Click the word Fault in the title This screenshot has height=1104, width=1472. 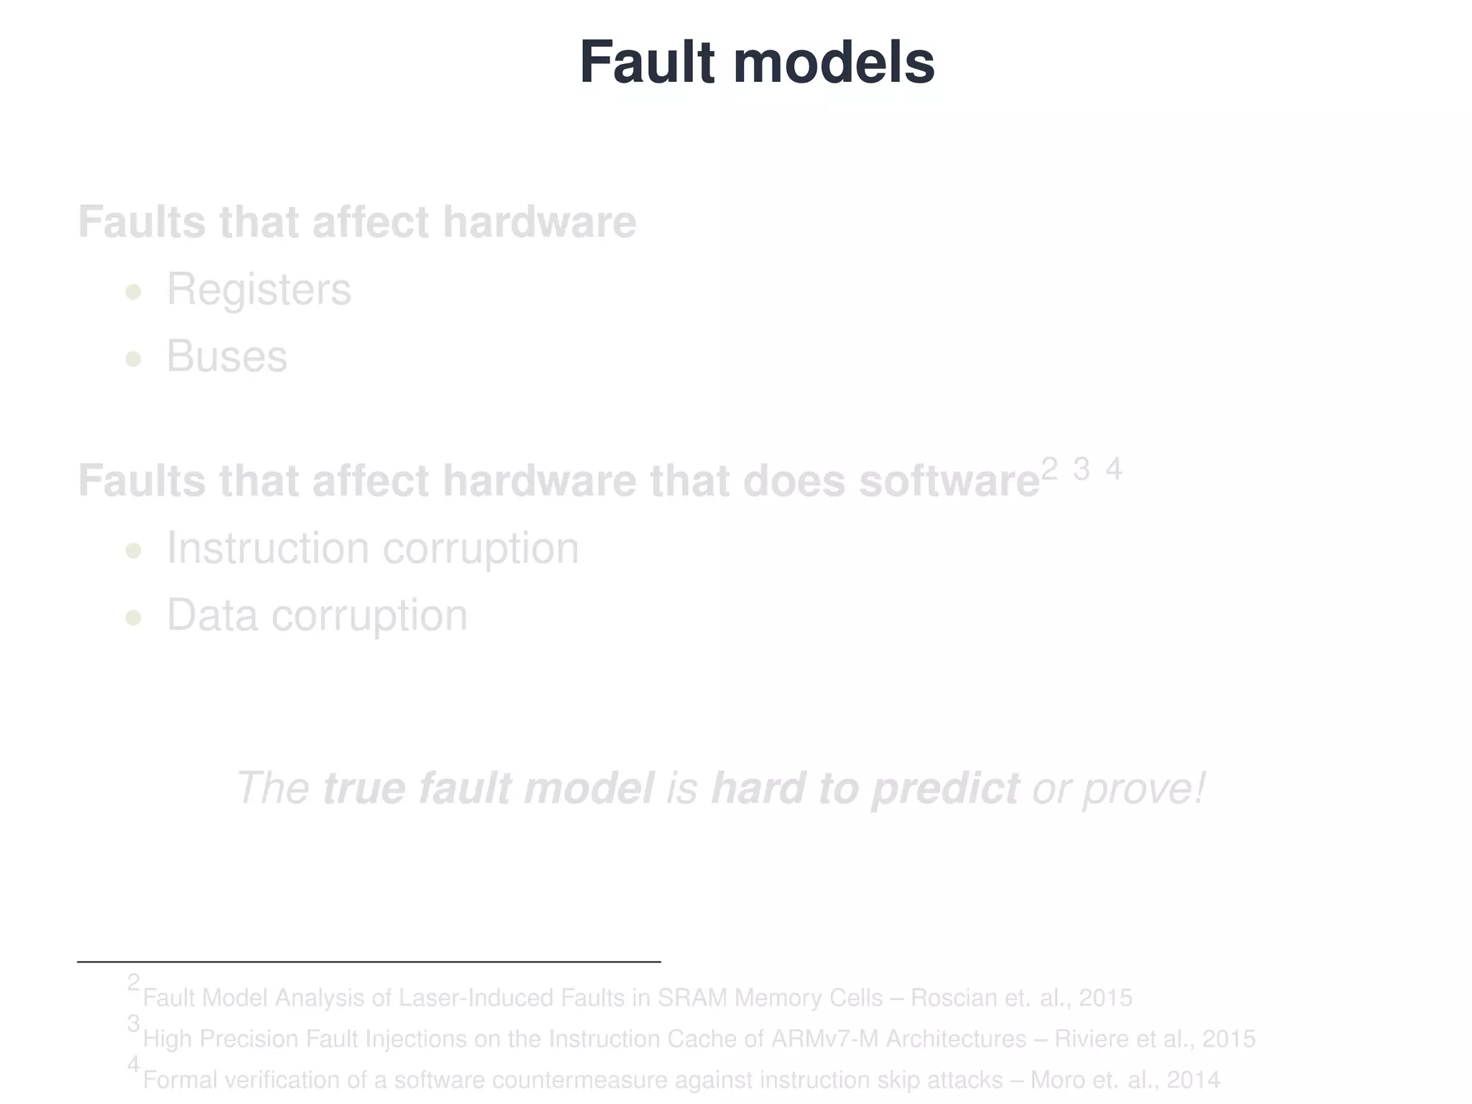(x=647, y=63)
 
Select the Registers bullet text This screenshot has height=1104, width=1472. (x=259, y=290)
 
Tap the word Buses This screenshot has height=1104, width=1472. (x=227, y=356)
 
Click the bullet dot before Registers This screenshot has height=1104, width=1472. (x=133, y=292)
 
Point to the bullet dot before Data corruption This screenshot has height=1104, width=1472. (x=133, y=617)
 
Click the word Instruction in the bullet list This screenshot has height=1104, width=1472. (x=267, y=548)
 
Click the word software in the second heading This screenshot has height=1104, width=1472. (x=949, y=481)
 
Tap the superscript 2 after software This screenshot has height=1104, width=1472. (x=1049, y=469)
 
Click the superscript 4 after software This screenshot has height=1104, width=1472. (x=1113, y=469)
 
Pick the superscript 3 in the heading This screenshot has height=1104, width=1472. (x=1081, y=469)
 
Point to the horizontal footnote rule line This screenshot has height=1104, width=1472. (x=369, y=961)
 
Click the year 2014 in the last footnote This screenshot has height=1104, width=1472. (x=1193, y=1080)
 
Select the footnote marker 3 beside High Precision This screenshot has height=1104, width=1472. (x=134, y=1023)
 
